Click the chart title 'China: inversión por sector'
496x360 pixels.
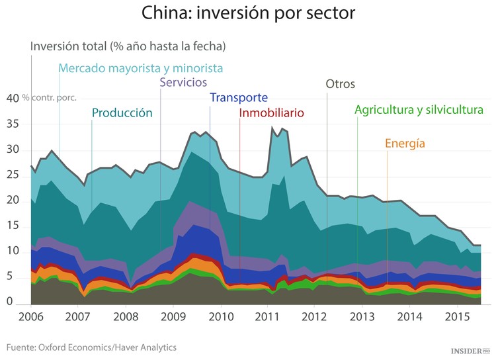(x=248, y=14)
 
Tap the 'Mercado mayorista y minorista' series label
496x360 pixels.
(x=140, y=68)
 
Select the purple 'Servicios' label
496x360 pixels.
(x=184, y=83)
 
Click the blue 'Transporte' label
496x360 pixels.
(x=239, y=98)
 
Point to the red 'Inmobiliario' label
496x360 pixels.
(x=271, y=113)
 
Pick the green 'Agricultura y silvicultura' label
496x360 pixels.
(x=419, y=110)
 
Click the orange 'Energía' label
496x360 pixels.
(x=405, y=144)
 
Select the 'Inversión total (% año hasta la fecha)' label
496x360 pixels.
(x=128, y=46)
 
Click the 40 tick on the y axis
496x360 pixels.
(x=12, y=98)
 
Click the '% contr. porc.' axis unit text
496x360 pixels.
(x=50, y=98)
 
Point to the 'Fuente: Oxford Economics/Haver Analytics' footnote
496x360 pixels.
(x=92, y=347)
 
